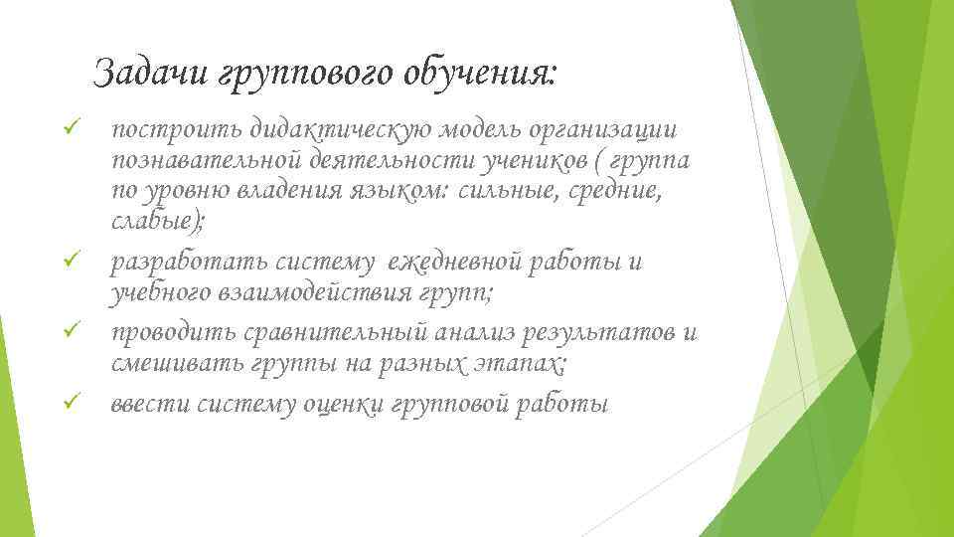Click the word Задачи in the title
[152, 73]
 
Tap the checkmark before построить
[69, 128]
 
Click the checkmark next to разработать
[69, 263]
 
